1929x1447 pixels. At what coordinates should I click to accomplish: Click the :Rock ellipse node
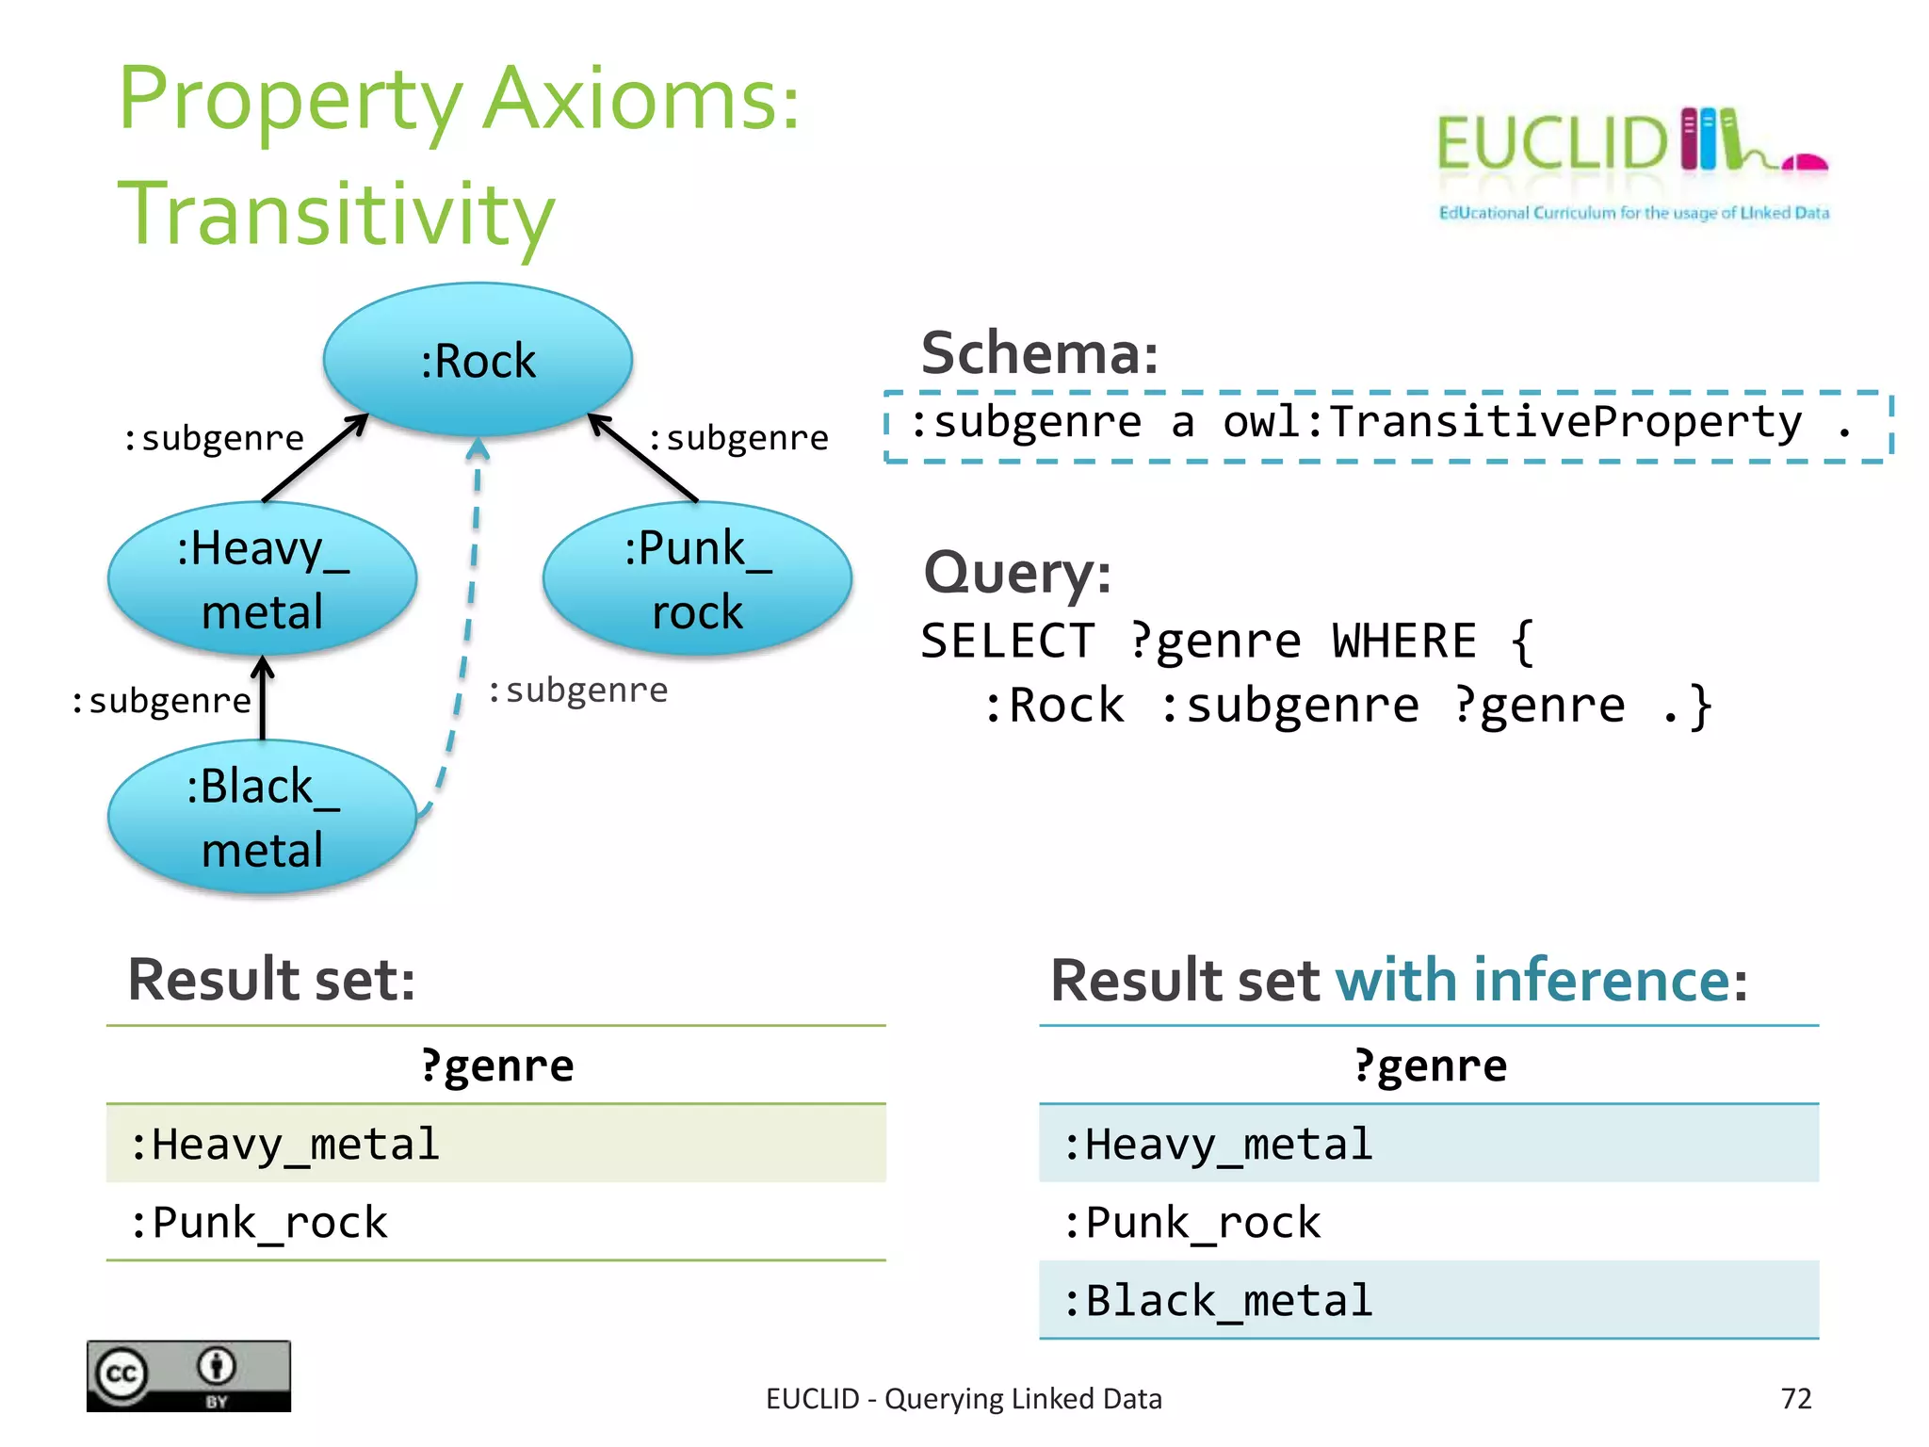click(x=478, y=360)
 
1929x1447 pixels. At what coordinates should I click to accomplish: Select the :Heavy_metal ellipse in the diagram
click(x=263, y=578)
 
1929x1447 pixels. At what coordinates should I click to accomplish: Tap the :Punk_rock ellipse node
click(x=697, y=578)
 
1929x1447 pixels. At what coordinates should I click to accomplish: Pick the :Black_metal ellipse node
click(x=263, y=817)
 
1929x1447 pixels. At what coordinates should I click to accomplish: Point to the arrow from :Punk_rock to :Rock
click(x=644, y=458)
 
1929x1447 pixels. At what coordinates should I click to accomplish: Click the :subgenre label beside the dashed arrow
click(x=577, y=691)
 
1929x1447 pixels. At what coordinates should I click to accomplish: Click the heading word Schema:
click(x=1039, y=353)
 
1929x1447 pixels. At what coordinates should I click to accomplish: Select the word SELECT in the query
click(x=1007, y=642)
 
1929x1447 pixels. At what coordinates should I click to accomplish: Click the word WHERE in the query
click(x=1403, y=642)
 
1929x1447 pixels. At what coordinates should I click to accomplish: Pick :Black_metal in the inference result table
click(x=1217, y=1301)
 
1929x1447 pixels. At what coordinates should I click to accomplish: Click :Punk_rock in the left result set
click(x=259, y=1223)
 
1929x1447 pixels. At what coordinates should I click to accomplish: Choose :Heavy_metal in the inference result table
click(x=1217, y=1145)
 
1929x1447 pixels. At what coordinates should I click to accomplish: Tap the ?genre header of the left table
click(x=496, y=1066)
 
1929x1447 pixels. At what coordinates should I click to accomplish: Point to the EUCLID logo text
click(x=1552, y=144)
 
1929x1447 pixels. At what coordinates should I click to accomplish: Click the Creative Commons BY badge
click(x=188, y=1376)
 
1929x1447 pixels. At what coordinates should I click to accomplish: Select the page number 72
click(x=1795, y=1399)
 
